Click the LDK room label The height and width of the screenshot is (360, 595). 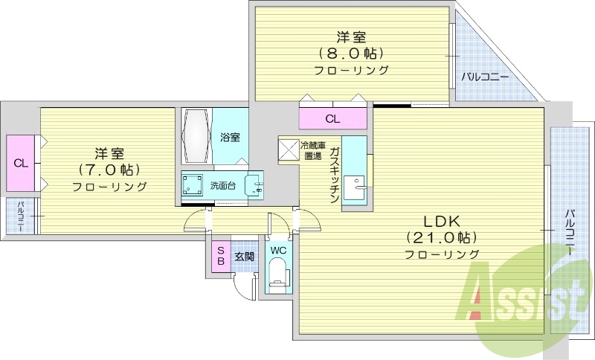(443, 221)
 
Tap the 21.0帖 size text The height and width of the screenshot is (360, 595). (443, 237)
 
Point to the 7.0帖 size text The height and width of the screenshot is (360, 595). (109, 170)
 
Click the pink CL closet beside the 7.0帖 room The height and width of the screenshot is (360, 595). (21, 163)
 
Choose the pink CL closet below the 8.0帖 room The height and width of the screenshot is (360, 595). (332, 118)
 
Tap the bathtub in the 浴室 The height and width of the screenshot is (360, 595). (197, 135)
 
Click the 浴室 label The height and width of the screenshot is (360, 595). (230, 138)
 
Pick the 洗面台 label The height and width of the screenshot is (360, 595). (222, 186)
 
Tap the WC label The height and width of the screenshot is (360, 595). (278, 251)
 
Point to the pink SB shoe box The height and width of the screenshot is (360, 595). (220, 257)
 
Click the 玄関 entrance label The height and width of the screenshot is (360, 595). (244, 257)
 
